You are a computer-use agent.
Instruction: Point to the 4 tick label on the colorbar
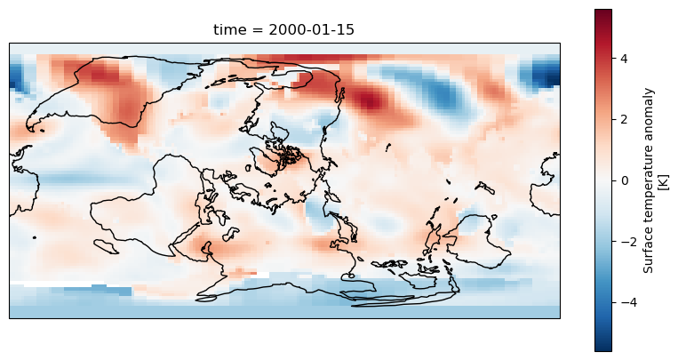coord(624,59)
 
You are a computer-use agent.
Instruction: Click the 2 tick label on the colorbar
coord(624,120)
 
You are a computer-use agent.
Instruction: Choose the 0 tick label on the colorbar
coord(624,180)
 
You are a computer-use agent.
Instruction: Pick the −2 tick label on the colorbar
coord(621,242)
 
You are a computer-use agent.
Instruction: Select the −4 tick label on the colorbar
coord(621,302)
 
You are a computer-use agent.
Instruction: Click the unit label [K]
coord(663,180)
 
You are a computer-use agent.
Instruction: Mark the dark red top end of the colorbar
coord(602,12)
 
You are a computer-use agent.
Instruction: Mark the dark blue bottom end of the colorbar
coord(602,348)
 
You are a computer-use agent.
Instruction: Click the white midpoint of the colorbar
coord(602,180)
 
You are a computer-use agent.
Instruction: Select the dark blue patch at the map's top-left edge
coord(15,75)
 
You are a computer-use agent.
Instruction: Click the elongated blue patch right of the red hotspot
coord(444,93)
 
